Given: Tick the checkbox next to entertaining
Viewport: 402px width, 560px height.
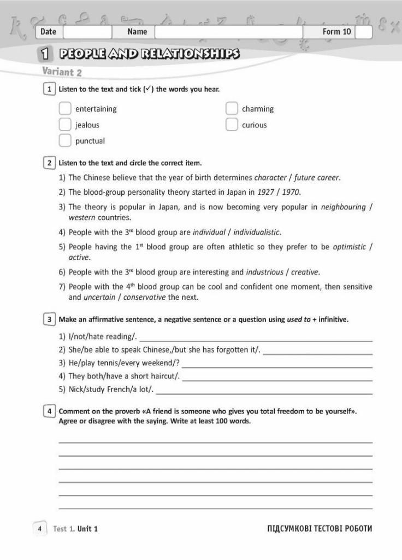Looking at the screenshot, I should tap(65, 109).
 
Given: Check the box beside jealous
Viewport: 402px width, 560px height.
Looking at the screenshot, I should tap(65, 125).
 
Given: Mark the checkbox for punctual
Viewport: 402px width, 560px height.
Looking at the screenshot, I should tap(65, 141).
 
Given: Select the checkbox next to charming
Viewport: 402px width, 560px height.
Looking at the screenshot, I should tap(232, 109).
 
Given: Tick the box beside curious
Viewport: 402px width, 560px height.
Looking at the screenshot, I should tap(232, 125).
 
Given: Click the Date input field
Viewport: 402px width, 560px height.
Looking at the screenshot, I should tap(87, 32).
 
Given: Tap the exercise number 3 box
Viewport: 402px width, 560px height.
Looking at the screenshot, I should tap(49, 319).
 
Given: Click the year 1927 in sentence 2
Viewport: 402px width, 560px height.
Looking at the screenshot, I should tap(267, 192).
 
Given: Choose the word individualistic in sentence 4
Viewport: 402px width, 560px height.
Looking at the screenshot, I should tap(257, 232).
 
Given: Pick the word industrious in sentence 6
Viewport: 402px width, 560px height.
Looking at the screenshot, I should tap(264, 272).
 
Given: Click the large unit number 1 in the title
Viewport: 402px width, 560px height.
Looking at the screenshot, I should tap(46, 54).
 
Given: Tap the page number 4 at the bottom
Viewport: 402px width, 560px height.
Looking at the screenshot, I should tap(40, 528).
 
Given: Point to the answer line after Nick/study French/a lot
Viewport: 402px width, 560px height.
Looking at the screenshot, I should tap(264, 390).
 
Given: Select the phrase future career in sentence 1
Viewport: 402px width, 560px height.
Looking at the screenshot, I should tap(317, 178).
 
